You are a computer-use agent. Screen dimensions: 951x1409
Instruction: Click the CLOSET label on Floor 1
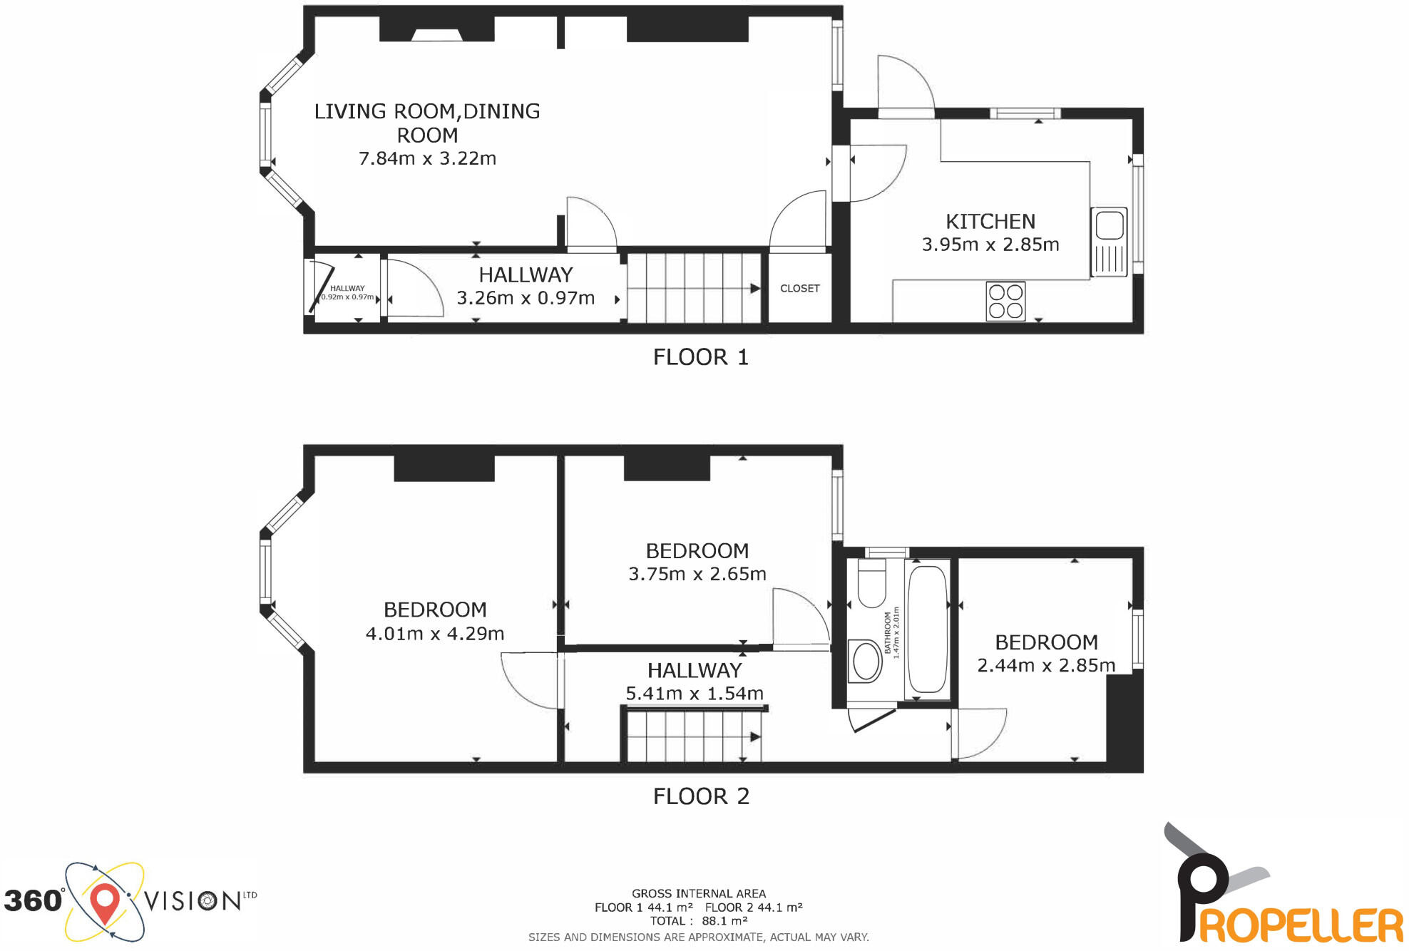point(799,289)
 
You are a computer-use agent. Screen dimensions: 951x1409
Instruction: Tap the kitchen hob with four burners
point(1005,301)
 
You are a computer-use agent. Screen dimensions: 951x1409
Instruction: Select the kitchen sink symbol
point(1109,242)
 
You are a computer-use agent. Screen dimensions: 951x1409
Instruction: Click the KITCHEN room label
point(990,222)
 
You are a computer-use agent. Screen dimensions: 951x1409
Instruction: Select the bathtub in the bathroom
point(928,629)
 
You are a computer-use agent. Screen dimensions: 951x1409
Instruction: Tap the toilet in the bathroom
point(871,583)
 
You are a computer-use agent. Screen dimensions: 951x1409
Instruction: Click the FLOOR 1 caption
point(700,357)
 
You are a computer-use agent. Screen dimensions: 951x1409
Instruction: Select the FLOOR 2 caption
point(700,796)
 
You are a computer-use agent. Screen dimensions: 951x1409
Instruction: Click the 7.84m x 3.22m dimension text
point(426,158)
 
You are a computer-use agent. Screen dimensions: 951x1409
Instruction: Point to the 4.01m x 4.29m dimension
point(434,633)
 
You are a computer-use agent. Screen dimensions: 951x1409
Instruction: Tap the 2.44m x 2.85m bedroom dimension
point(1045,666)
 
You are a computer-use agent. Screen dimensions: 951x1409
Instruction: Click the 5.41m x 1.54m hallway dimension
point(694,693)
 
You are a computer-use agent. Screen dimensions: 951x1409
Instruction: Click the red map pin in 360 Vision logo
point(105,903)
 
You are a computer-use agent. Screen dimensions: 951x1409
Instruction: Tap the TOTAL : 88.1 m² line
point(698,921)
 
